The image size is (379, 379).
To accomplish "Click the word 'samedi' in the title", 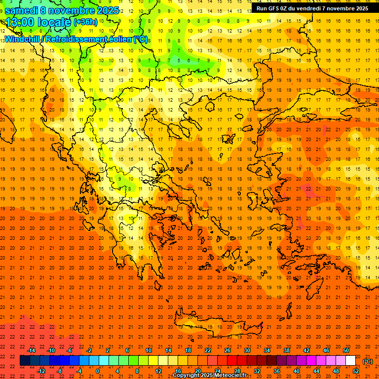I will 22,10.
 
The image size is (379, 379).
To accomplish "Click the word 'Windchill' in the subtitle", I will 24,39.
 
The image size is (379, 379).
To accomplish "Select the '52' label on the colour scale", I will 355,371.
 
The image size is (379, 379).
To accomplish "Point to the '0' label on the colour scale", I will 98,371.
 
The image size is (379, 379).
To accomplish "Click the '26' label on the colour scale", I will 227,350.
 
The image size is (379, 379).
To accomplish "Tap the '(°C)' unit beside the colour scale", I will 367,361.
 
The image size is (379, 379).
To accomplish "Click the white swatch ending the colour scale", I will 350,361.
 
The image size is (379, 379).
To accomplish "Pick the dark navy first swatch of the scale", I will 25,361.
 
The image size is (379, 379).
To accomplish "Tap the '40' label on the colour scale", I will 296,371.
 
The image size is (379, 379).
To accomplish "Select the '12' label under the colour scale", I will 158,371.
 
